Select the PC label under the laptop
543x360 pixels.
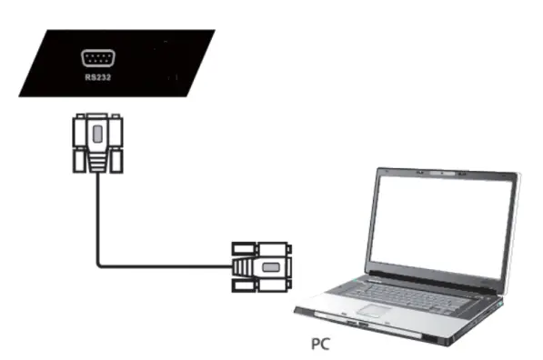pyautogui.click(x=321, y=345)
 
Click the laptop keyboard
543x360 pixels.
pyautogui.click(x=396, y=294)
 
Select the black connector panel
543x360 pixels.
pyautogui.click(x=118, y=62)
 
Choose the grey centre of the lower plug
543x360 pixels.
pyautogui.click(x=269, y=265)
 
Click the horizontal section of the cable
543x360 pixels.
pyautogui.click(x=164, y=265)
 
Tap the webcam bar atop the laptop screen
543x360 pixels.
pyautogui.click(x=440, y=172)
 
